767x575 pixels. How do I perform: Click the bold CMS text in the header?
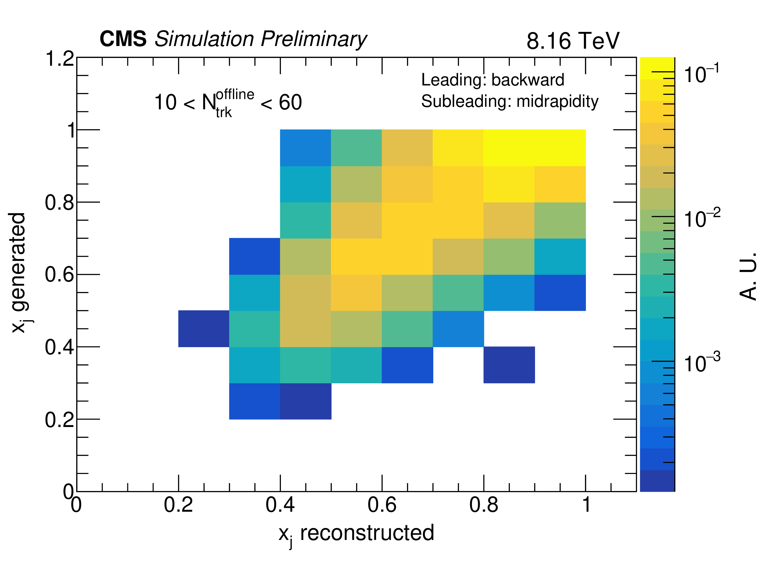123,39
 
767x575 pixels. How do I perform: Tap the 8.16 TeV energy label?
573,41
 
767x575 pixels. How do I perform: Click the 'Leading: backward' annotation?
492,80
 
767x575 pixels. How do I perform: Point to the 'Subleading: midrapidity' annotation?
510,102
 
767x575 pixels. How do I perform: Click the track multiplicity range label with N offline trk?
228,103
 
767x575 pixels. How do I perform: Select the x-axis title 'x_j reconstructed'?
356,533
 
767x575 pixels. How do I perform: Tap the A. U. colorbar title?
748,276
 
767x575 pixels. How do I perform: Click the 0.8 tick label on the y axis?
60,203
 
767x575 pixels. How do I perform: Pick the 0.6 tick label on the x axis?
382,505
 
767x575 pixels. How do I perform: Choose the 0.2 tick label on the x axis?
178,505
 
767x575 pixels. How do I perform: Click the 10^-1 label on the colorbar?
701,74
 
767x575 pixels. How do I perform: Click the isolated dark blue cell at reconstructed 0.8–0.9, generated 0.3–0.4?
509,365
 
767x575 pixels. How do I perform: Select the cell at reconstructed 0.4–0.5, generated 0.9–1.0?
305,148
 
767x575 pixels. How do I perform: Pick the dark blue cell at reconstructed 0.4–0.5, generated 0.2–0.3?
305,401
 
